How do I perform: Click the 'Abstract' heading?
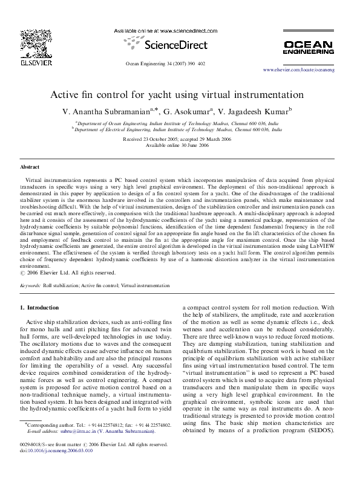[x=30, y=166]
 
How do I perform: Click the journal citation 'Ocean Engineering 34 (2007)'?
[x=155, y=63]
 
